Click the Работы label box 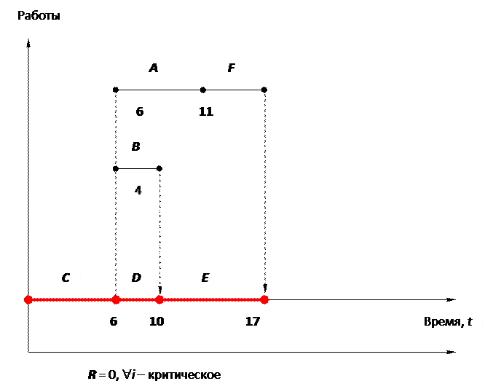(45, 15)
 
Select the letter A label (154, 68)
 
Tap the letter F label (232, 68)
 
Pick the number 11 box (204, 111)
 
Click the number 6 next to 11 (138, 111)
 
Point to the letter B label (136, 146)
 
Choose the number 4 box (140, 191)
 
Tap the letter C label (66, 278)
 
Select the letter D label (136, 278)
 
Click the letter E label (206, 278)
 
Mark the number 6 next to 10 (112, 321)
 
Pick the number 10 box (158, 321)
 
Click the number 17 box (255, 321)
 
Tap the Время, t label (447, 321)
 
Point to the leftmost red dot (28, 299)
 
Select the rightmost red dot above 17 (264, 299)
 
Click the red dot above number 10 (159, 299)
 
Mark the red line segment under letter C (71, 299)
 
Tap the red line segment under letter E (212, 299)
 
